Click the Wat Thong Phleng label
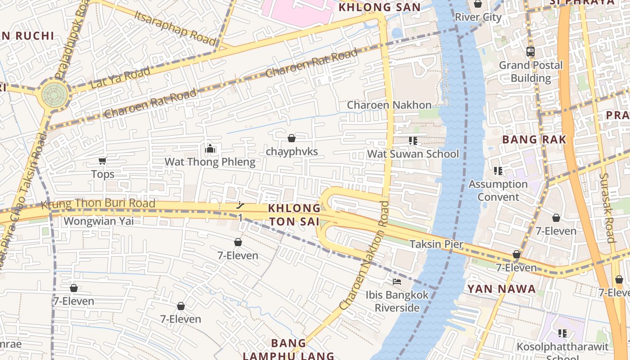coord(210,162)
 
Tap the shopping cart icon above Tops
coord(102,161)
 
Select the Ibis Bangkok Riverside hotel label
coord(397,301)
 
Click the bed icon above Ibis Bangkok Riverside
coord(397,282)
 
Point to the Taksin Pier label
coord(436,244)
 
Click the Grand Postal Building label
coord(531,72)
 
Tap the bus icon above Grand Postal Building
coord(531,51)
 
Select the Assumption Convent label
coord(498,190)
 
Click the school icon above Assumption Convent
coord(498,171)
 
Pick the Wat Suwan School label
coord(413,154)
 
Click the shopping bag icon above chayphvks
coord(292,138)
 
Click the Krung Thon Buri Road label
coord(98,204)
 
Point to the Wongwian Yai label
coord(99,221)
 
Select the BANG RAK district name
coord(534,139)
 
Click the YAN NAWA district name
coord(501,289)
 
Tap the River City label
coord(478,17)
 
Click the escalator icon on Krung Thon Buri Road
coord(241,206)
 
